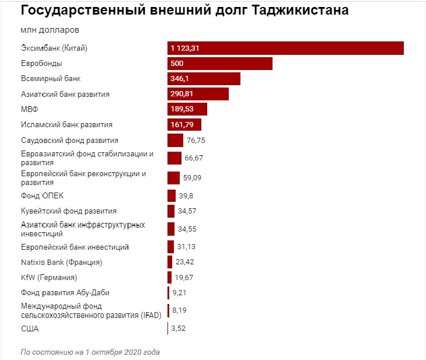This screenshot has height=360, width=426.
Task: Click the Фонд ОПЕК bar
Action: [172, 195]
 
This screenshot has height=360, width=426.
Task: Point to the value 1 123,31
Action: [186, 48]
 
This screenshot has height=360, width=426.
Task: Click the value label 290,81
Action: [183, 93]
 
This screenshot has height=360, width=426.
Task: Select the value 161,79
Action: [182, 124]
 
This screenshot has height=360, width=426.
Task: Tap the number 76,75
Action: [196, 140]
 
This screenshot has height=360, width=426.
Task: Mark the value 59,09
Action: [193, 178]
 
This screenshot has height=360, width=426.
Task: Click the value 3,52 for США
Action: [179, 329]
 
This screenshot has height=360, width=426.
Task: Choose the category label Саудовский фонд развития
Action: [69, 140]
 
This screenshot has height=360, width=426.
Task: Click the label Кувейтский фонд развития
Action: [68, 211]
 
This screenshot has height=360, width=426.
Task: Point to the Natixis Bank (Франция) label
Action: [61, 262]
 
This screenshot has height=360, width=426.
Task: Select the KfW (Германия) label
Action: [49, 277]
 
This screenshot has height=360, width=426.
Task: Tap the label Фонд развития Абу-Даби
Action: [65, 292]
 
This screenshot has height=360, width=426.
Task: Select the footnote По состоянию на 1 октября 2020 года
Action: [90, 352]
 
